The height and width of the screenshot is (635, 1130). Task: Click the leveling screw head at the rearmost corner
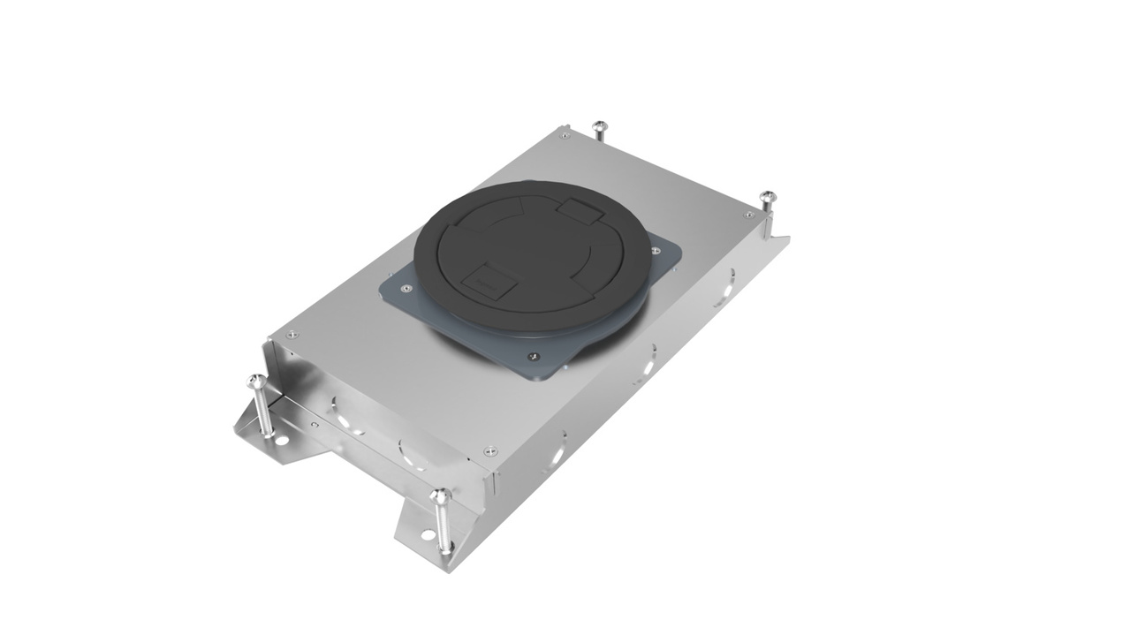598,125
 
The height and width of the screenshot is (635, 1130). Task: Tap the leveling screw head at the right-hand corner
767,196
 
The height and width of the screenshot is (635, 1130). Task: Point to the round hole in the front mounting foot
427,533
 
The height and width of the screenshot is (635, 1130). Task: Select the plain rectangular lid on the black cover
579,211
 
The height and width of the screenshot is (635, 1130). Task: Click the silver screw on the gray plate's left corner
406,288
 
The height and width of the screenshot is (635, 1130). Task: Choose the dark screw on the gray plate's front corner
532,357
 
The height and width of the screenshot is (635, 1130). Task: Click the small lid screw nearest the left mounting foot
292,334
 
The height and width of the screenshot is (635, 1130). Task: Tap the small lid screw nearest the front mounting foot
490,450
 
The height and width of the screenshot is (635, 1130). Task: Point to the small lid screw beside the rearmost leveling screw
565,136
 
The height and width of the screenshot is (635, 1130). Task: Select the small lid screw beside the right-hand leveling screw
748,215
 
